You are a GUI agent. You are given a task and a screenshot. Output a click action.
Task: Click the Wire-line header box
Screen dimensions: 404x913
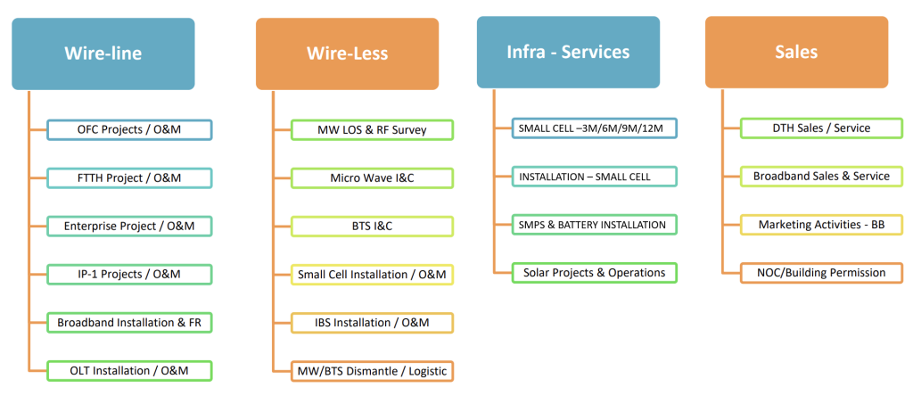tap(103, 54)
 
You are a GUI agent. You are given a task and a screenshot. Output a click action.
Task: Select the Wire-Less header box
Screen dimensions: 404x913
tap(347, 54)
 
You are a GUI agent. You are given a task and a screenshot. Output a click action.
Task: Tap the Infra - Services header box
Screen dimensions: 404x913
tap(568, 53)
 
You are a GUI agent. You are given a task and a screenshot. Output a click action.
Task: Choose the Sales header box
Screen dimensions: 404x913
tap(796, 53)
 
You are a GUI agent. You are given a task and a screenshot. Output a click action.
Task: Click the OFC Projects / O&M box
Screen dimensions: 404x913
tap(129, 130)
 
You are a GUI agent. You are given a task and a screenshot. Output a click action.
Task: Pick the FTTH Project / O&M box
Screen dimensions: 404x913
tap(129, 178)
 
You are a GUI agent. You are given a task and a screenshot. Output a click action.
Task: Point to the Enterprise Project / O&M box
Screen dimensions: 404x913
tap(129, 227)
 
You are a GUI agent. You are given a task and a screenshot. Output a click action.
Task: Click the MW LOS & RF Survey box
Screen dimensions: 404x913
tap(373, 130)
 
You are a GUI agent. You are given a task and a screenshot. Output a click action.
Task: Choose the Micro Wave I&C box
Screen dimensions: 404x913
tap(373, 178)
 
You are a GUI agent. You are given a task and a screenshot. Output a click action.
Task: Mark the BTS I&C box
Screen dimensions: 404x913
tap(373, 227)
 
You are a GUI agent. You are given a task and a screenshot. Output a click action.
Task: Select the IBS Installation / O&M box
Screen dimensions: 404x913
tap(373, 322)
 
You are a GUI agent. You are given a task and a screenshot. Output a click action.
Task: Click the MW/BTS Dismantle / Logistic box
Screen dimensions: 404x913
tap(373, 370)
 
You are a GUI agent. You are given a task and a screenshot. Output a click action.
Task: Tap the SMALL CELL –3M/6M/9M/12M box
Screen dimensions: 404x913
tap(594, 128)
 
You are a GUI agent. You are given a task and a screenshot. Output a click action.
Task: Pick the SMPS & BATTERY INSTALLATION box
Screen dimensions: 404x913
tap(594, 225)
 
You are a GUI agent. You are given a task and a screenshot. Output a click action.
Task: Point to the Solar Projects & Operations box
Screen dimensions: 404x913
tap(594, 272)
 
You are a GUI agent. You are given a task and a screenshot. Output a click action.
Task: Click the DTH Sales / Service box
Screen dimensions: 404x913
tap(821, 128)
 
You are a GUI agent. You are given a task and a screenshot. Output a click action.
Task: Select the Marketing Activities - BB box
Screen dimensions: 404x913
tap(821, 225)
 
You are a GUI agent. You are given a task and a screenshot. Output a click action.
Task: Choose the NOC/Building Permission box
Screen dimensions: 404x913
tap(821, 272)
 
